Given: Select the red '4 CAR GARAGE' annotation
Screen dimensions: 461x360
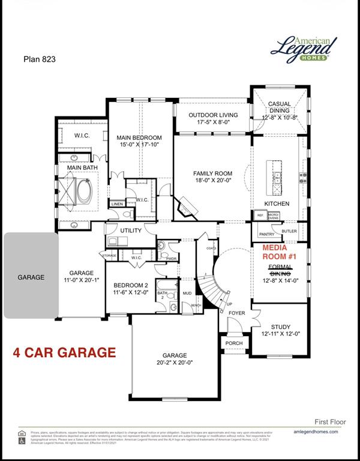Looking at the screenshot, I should pos(64,352).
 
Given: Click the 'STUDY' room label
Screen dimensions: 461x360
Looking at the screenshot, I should pos(280,327).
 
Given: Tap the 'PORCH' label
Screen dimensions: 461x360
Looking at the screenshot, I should pos(234,343).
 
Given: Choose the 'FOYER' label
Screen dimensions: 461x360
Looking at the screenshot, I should pos(236,312).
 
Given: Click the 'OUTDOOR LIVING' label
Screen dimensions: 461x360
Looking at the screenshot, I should pos(213,115).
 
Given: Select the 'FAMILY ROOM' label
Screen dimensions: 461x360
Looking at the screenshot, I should pos(204,173).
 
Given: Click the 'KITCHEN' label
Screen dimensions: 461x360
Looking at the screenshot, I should pos(277,203).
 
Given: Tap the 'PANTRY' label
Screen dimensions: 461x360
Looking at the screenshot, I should pos(266,234).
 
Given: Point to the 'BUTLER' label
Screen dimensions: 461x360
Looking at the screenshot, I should pos(289,230).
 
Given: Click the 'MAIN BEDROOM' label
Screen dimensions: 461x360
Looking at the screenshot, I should pos(139,137).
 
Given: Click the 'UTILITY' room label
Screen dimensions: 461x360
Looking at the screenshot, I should pos(130,230).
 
